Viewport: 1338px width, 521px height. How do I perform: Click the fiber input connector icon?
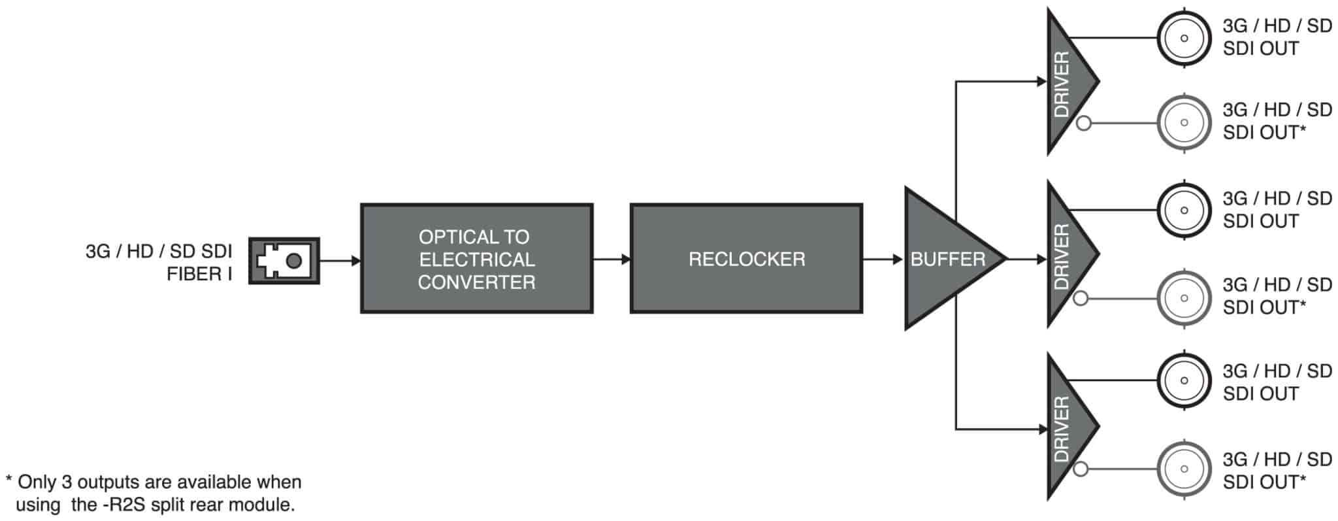coord(284,261)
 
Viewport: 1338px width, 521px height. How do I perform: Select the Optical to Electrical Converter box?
coord(476,259)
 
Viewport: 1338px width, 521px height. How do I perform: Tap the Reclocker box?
coord(746,259)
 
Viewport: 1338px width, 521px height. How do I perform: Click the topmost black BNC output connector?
coord(1184,38)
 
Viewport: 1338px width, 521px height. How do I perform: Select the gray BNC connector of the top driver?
coord(1184,122)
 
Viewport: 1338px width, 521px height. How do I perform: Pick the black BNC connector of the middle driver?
coord(1184,210)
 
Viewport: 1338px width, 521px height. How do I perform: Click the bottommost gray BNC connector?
coord(1184,469)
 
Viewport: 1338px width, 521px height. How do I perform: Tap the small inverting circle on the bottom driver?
coord(1081,469)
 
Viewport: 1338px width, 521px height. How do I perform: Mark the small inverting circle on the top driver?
coord(1083,122)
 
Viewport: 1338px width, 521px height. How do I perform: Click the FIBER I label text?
coord(199,274)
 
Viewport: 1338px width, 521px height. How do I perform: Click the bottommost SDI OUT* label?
coord(1264,482)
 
